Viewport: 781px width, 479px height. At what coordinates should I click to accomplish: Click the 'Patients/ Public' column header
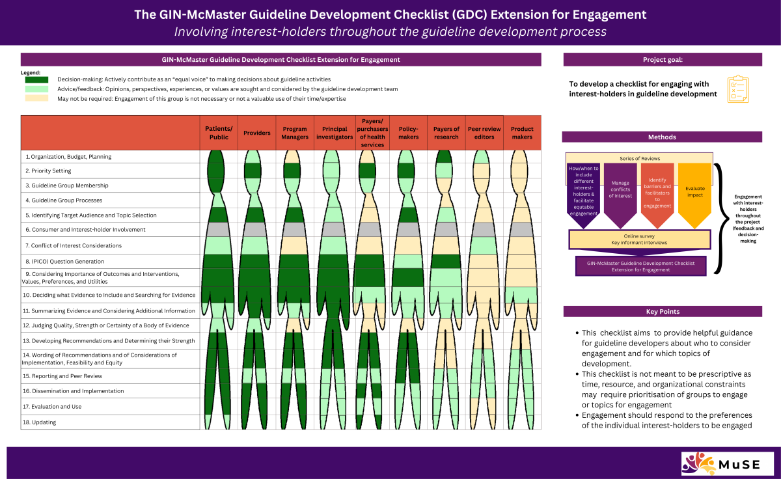(219, 133)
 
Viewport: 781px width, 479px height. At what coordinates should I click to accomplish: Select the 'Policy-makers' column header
(408, 133)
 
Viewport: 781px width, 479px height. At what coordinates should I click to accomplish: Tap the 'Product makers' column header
(522, 133)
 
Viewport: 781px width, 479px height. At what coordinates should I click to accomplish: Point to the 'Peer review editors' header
(484, 133)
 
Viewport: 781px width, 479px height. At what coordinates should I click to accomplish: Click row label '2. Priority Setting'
(48, 171)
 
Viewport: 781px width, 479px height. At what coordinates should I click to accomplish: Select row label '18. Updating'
(39, 422)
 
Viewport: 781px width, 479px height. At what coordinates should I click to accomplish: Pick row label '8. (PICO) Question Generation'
(63, 261)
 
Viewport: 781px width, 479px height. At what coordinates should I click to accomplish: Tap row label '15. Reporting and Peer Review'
(62, 376)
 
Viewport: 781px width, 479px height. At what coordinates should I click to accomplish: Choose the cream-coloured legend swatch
(36, 98)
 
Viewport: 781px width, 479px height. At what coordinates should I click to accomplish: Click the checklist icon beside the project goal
(738, 89)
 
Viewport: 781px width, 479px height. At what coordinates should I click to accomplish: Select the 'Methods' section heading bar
(662, 137)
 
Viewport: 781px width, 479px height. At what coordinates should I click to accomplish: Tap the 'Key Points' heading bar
(662, 312)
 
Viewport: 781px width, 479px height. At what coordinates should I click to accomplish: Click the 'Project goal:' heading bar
(662, 60)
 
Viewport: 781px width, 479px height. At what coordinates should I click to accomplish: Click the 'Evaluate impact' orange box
(694, 189)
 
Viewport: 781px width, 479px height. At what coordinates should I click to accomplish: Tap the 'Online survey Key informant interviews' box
(639, 239)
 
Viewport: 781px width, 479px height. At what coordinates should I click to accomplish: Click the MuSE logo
(728, 463)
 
